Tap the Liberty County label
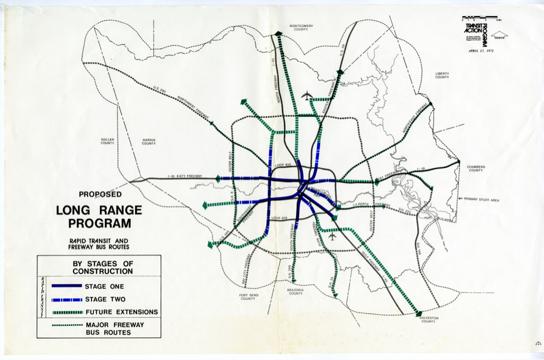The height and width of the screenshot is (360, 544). click(x=442, y=75)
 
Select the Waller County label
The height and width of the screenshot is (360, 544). click(x=108, y=141)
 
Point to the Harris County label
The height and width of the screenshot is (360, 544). click(x=149, y=141)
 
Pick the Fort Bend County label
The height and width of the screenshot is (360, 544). click(x=248, y=297)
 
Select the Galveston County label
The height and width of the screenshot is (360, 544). click(x=429, y=319)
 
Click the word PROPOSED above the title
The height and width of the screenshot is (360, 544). click(x=100, y=195)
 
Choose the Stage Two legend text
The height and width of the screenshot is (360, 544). click(x=104, y=299)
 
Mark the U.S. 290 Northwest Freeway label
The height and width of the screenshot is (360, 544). click(x=179, y=102)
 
